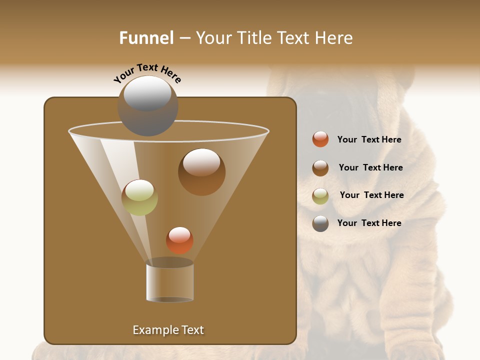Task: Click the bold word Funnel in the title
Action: coord(146,38)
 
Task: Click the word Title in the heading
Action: coord(254,38)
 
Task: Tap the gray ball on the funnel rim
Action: coord(147,106)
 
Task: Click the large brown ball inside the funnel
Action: coord(201,172)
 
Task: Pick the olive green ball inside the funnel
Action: coord(139,197)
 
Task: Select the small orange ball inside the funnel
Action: coord(179,240)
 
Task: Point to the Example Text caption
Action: coord(168,330)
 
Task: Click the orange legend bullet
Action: coord(320,139)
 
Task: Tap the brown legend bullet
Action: coord(320,168)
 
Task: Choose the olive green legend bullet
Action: coord(320,196)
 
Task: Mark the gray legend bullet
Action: coord(320,223)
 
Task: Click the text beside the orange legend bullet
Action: coord(369,140)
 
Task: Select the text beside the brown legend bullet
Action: coord(370,168)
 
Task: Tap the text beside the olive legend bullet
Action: coord(371,195)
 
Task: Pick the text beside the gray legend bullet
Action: coord(369,223)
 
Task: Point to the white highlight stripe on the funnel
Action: coord(120,170)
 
